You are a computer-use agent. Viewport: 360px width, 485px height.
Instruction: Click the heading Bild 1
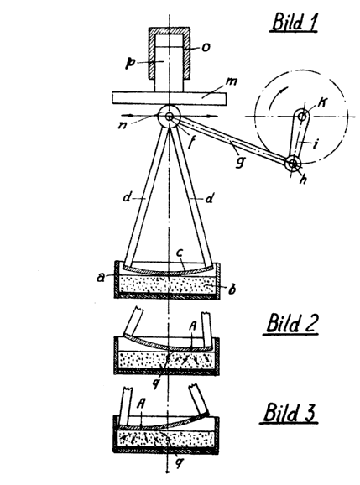pos(295,22)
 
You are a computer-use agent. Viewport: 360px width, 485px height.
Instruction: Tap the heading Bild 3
pos(290,412)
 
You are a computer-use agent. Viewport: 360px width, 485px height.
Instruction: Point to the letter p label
pos(129,63)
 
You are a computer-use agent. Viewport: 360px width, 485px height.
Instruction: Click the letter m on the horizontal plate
pos(232,81)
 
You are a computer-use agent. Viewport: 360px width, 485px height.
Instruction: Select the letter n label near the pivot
pos(123,125)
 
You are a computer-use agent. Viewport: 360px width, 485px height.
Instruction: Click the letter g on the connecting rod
pos(239,161)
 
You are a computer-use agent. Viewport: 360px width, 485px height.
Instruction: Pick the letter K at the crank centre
pos(322,102)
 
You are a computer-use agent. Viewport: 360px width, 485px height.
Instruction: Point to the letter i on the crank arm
pos(315,143)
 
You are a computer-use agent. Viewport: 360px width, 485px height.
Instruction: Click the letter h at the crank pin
pos(303,179)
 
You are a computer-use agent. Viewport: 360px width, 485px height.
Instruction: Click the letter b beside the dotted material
pos(232,289)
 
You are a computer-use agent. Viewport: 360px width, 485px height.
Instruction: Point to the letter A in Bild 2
pos(193,326)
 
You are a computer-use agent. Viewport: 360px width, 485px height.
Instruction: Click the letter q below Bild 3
pos(179,463)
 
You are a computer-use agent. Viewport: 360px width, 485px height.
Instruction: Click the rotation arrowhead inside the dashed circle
pos(282,90)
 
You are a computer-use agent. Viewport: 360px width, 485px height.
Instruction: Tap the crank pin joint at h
pos(293,163)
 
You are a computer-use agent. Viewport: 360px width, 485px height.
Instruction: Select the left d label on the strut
pos(128,197)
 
